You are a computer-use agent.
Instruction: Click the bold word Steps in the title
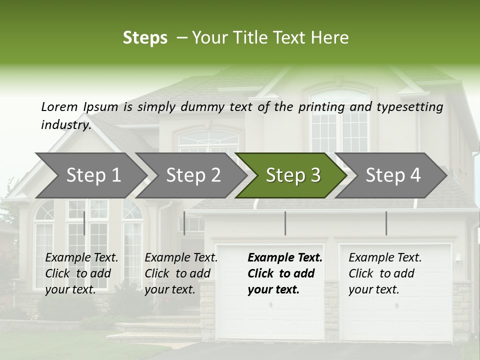click(x=145, y=38)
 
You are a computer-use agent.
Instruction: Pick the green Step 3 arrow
click(x=293, y=175)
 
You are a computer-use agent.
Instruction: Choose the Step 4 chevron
click(x=393, y=175)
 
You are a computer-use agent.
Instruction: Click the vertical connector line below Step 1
click(x=84, y=223)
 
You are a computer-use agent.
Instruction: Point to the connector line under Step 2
click(x=184, y=223)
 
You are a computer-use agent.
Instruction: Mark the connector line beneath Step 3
click(x=285, y=223)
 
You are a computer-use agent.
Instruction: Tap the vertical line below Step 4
click(x=386, y=223)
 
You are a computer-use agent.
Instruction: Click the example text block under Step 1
click(x=81, y=273)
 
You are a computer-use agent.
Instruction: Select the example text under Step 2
click(x=180, y=273)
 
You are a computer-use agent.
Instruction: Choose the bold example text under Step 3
click(x=284, y=273)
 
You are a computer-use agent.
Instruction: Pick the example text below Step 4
click(x=384, y=273)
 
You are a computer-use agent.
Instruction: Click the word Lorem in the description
click(x=59, y=106)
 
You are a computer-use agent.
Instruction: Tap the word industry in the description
click(x=65, y=125)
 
